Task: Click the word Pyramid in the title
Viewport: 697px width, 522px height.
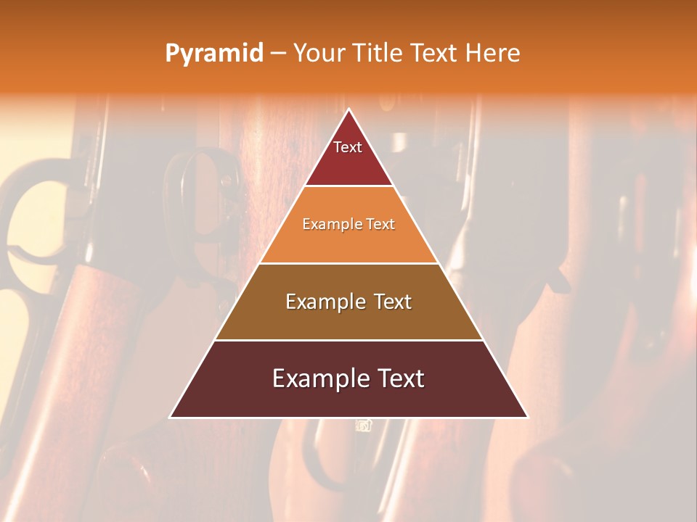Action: [213, 54]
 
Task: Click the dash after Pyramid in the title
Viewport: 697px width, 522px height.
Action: [278, 54]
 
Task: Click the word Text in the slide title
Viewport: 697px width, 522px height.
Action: [434, 53]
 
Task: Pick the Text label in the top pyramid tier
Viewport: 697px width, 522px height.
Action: [348, 147]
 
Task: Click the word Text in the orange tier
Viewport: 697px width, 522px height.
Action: [380, 224]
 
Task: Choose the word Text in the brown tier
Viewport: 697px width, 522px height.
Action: [393, 302]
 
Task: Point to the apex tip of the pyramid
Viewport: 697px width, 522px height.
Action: [349, 110]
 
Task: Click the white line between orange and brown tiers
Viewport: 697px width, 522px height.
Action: [349, 263]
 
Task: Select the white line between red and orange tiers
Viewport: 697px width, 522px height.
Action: [349, 186]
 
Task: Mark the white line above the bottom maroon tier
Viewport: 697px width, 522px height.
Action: [349, 340]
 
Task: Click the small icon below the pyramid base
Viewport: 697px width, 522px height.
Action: [364, 426]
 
